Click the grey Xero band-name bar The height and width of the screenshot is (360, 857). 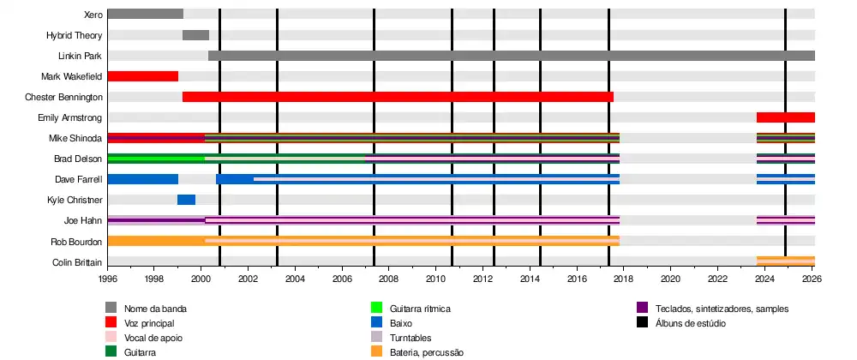tap(145, 14)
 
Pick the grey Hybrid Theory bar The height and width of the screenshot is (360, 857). tap(195, 35)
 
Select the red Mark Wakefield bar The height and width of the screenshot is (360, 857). tap(142, 76)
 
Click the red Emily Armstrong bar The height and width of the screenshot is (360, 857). tap(785, 117)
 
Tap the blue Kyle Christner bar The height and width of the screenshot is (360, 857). tap(186, 200)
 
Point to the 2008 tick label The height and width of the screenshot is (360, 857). tap(388, 279)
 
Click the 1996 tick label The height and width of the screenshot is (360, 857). tap(108, 279)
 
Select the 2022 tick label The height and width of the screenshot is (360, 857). tap(717, 279)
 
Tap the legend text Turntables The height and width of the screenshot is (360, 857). tap(411, 338)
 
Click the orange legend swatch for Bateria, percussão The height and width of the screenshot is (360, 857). tap(375, 351)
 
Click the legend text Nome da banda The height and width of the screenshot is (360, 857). tap(155, 309)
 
